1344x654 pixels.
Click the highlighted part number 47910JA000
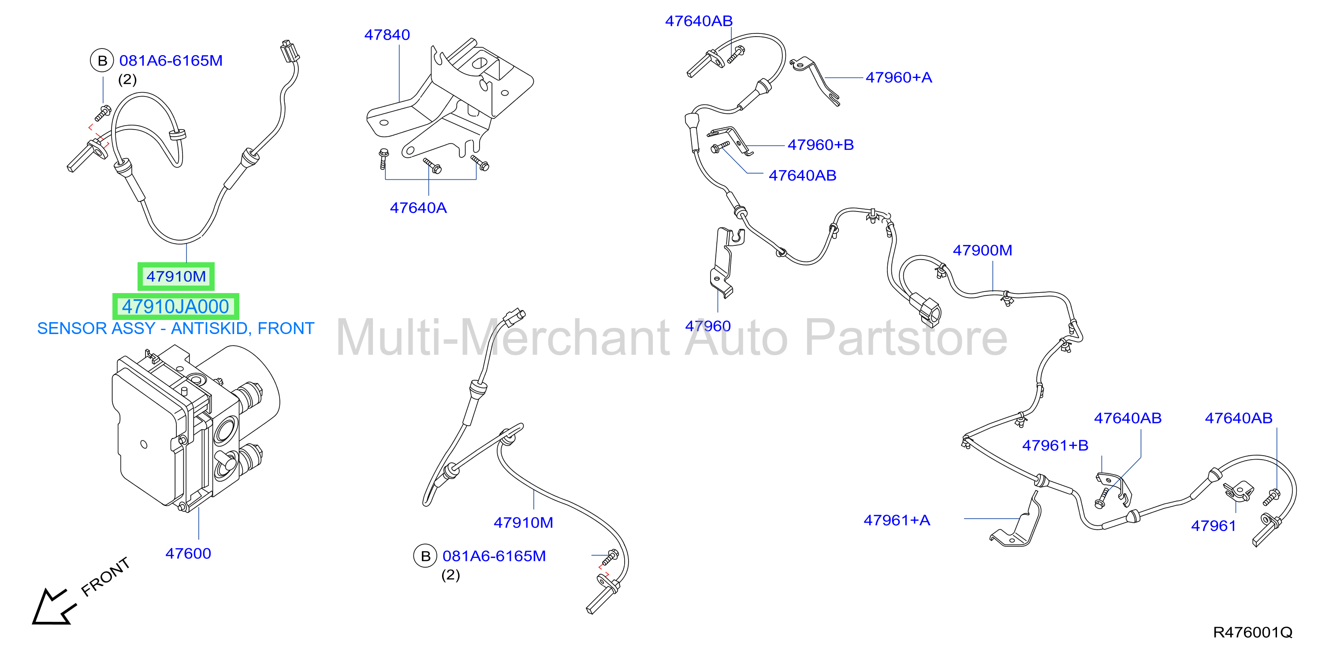click(176, 307)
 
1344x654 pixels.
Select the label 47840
click(387, 35)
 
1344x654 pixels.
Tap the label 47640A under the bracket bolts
click(418, 208)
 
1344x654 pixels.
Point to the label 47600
click(188, 554)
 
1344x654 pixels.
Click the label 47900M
click(983, 250)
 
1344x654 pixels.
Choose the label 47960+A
click(899, 78)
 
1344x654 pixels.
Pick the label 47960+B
click(821, 145)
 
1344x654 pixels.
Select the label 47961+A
click(897, 520)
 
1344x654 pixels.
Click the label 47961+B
click(1055, 446)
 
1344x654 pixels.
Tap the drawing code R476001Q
click(1253, 632)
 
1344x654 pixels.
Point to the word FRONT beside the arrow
click(105, 576)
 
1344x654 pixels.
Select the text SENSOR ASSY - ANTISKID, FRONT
click(176, 329)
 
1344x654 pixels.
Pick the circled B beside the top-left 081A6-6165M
click(102, 61)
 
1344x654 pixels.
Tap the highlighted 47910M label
click(176, 276)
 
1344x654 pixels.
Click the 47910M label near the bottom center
click(523, 523)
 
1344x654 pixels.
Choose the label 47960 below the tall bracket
click(708, 326)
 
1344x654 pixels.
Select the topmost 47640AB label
click(699, 22)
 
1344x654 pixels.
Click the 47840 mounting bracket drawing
click(450, 99)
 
